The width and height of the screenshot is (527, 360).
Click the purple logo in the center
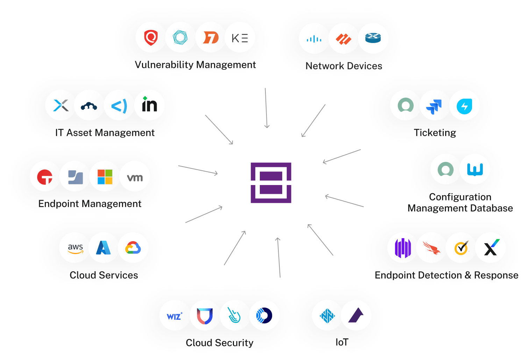271,183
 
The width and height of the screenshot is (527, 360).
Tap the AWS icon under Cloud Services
75,248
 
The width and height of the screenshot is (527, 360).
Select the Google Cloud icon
133,248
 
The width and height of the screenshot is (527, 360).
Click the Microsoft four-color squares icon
105,177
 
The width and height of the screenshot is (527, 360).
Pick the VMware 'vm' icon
135,177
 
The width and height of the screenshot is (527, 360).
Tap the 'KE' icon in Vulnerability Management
240,38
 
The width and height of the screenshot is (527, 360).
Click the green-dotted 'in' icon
149,105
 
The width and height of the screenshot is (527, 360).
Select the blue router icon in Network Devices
373,38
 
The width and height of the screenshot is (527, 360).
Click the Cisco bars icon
314,39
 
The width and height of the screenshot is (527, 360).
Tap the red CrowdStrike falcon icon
432,248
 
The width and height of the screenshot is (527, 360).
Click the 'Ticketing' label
435,133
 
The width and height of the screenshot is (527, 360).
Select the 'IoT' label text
342,342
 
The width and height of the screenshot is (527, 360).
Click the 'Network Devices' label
344,66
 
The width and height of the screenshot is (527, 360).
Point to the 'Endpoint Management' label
90,204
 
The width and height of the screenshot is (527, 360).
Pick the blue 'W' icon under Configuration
475,169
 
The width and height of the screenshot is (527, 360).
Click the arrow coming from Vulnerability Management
266,108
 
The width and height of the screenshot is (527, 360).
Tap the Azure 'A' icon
104,248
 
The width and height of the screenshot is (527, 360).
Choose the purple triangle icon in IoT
356,316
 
